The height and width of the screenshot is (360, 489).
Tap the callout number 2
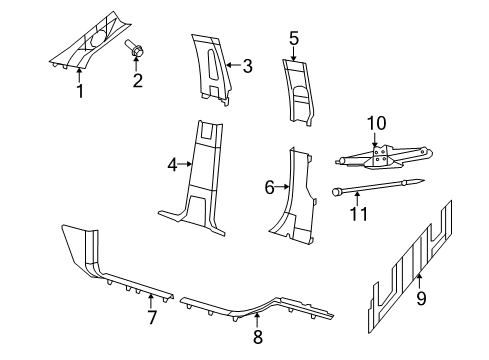[138, 80]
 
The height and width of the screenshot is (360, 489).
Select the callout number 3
[248, 66]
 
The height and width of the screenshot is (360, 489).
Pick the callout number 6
[269, 187]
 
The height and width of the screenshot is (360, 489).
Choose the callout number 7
[152, 319]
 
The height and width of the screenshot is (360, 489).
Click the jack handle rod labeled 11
[380, 186]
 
